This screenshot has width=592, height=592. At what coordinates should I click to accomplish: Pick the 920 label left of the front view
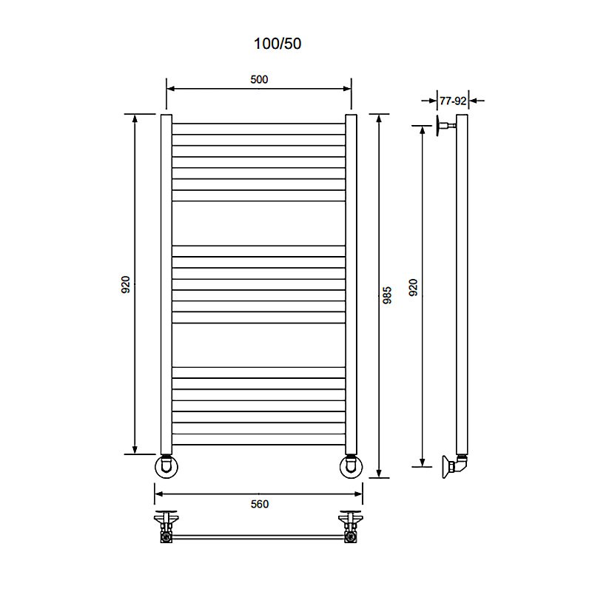(x=125, y=284)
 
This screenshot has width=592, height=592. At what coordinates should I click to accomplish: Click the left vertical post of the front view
(x=166, y=285)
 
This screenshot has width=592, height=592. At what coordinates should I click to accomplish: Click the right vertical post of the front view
(x=351, y=285)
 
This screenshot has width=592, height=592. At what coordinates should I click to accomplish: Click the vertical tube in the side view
(x=462, y=285)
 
